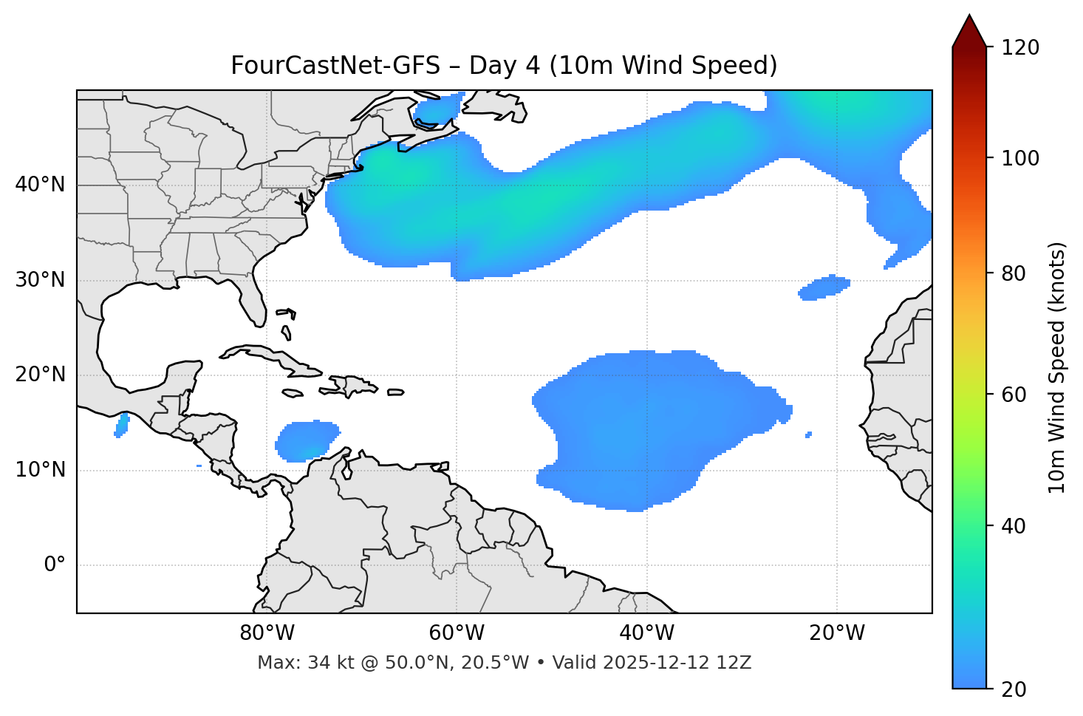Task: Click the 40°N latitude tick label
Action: pos(40,185)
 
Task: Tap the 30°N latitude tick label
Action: pos(40,280)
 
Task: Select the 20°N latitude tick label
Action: pos(40,375)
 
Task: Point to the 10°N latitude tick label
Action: pos(40,470)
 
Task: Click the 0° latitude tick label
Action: pos(55,565)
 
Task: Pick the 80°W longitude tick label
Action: pos(267,633)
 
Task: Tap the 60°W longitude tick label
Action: pos(457,633)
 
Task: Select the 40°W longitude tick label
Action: pos(646,633)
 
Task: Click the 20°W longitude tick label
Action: pos(837,633)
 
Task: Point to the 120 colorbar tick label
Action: pos(1020,48)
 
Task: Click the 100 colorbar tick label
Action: pos(1020,158)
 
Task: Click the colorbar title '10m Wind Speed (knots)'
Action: pos(1057,367)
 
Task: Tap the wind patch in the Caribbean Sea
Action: pos(307,441)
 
